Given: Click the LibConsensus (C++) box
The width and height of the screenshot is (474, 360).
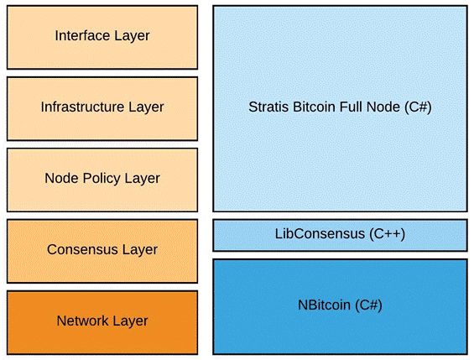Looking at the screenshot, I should click(x=340, y=235).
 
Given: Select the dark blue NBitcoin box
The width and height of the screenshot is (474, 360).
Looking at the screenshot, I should click(x=340, y=307).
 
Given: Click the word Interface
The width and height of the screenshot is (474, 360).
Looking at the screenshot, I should click(x=83, y=36).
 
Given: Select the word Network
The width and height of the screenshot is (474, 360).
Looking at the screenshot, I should click(x=83, y=321).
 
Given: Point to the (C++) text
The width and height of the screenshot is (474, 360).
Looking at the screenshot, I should click(x=387, y=234).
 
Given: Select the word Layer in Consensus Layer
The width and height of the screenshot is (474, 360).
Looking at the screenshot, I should click(x=138, y=250).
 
